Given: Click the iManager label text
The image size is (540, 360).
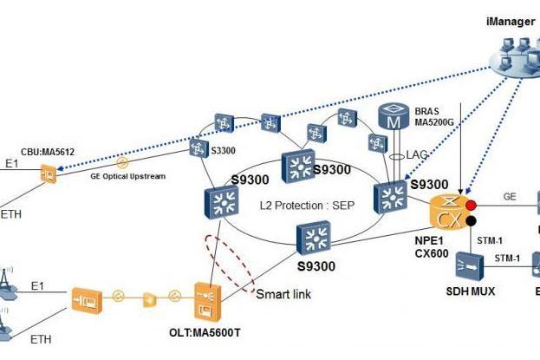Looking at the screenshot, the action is click(511, 22).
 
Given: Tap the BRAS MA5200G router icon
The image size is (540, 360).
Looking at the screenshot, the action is click(394, 116).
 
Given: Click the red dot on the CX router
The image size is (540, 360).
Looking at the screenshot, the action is click(471, 206).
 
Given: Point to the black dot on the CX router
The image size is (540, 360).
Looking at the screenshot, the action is click(471, 221).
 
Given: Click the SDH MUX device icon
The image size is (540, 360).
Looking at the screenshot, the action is click(470, 265).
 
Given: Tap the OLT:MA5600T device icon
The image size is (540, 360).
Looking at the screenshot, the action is click(208, 302).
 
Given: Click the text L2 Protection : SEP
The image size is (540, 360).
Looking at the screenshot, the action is click(307, 206).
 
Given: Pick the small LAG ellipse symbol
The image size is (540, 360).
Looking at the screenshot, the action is click(397, 157).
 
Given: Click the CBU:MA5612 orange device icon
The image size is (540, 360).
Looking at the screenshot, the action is click(49, 173).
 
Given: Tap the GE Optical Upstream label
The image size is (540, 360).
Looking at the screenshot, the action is click(128, 176).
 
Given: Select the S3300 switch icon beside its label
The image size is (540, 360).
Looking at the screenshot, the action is click(199, 149).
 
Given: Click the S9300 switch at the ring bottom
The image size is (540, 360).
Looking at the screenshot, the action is click(314, 238).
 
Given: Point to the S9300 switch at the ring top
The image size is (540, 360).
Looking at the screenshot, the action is click(298, 166).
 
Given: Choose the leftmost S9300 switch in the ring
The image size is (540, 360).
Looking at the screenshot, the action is click(221, 202).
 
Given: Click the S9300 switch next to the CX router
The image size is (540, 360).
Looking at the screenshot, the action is click(391, 197).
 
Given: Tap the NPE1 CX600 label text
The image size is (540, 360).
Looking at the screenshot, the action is click(432, 247).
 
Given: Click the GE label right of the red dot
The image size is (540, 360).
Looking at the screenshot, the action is click(510, 197).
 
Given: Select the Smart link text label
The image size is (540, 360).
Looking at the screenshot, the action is click(283, 294).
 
